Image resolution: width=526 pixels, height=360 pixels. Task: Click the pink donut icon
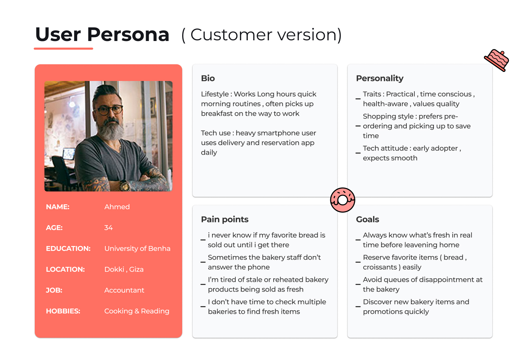[342, 200]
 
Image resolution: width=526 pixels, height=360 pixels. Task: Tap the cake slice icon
[496, 60]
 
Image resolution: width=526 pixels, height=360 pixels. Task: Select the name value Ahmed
[117, 207]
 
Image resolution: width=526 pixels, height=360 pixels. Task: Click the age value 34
[108, 228]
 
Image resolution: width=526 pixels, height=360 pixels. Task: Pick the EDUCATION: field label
[68, 248]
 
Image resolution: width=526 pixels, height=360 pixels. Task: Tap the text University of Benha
[137, 248]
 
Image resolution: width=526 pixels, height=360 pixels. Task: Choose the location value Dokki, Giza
[124, 269]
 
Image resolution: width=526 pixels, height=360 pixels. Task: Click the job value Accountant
[124, 290]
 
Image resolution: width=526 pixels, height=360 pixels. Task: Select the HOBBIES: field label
[63, 311]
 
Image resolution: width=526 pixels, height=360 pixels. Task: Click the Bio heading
[208, 78]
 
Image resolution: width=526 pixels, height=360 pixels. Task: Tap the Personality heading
[380, 78]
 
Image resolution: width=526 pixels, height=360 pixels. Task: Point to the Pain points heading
[225, 219]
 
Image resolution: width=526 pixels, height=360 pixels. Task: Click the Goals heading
[367, 219]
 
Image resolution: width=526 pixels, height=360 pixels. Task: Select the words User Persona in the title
[102, 34]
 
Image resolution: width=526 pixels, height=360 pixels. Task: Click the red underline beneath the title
[63, 49]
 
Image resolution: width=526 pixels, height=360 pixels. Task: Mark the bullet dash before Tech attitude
[358, 153]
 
